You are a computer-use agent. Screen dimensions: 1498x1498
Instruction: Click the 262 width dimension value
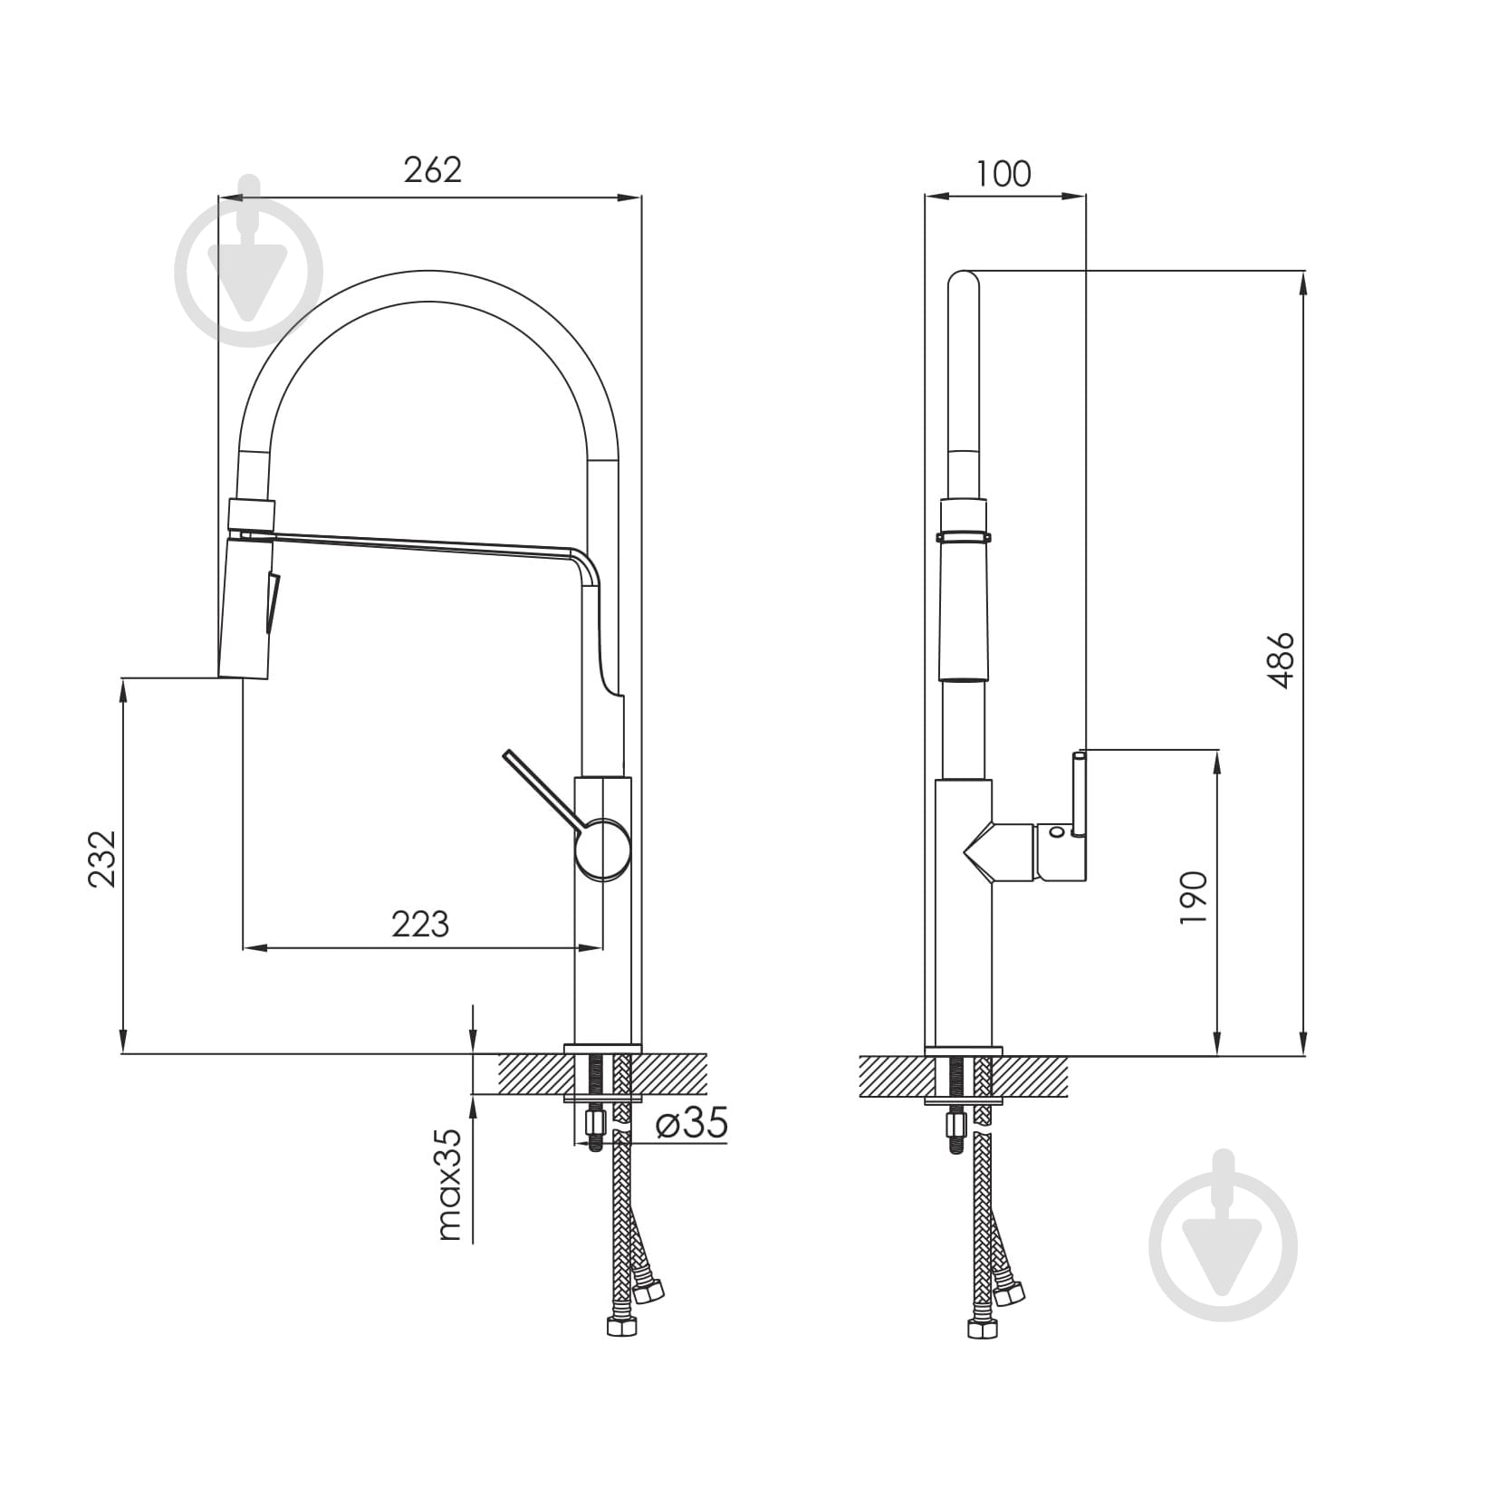(x=432, y=169)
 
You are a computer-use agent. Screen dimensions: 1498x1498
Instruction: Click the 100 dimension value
(x=1004, y=173)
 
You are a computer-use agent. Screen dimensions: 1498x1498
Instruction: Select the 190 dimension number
(x=1194, y=897)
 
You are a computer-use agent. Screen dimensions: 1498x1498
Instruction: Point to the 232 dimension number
(x=101, y=859)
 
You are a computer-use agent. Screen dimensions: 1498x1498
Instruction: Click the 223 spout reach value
(x=420, y=924)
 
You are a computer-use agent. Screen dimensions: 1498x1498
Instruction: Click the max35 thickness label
(x=450, y=1185)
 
